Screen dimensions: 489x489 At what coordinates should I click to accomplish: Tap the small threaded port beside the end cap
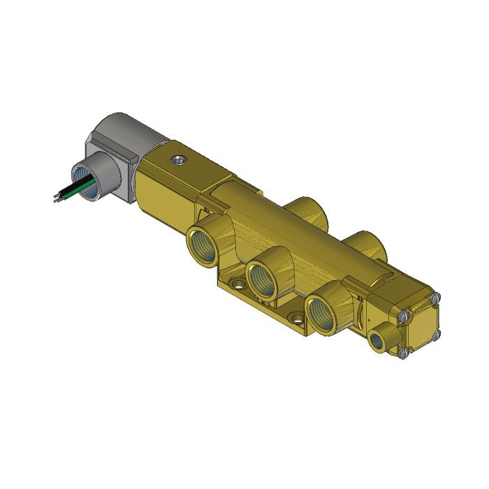point(379,337)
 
